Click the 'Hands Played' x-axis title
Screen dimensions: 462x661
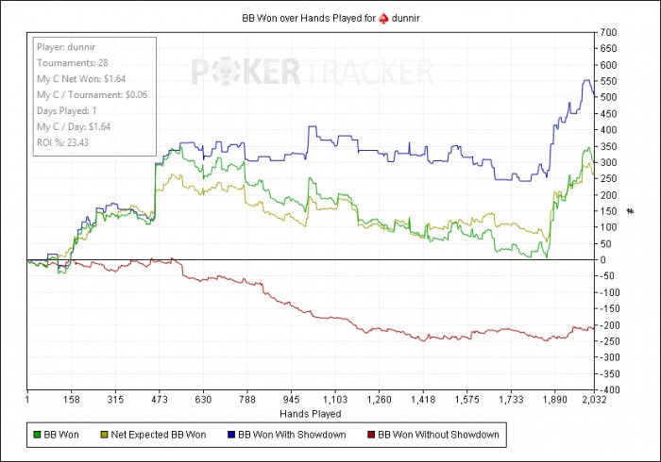coord(311,414)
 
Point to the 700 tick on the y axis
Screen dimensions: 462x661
coord(607,33)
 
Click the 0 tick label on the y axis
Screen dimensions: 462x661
coord(602,259)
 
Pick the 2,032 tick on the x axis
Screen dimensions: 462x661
coord(592,399)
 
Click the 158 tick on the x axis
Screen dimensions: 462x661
coord(71,399)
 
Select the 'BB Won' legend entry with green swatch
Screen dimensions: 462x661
coord(58,435)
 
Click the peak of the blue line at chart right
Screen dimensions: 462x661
coord(586,81)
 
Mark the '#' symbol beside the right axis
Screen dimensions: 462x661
coord(629,211)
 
